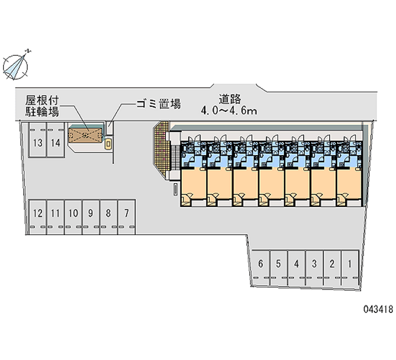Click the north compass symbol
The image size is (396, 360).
pos(15,67)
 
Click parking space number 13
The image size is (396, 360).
pos(38,140)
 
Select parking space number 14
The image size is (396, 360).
pos(55,140)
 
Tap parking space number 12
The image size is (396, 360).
pos(38,217)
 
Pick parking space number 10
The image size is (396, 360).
pos(73,217)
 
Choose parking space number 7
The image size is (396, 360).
pos(127,217)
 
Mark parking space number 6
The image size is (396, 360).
pos(261,268)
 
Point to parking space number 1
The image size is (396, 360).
pos(350,268)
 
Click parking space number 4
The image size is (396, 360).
pos(297,268)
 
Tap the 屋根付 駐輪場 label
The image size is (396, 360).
pos(42,106)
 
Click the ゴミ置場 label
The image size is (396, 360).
pos(158,103)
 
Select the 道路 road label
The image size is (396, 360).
pos(230,99)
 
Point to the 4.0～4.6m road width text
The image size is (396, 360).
pos(229,110)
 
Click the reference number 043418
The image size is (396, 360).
pos(378,309)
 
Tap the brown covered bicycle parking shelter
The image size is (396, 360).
pos(85,135)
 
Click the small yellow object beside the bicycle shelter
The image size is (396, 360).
pos(108,144)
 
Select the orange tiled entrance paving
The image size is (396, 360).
pos(161,150)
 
